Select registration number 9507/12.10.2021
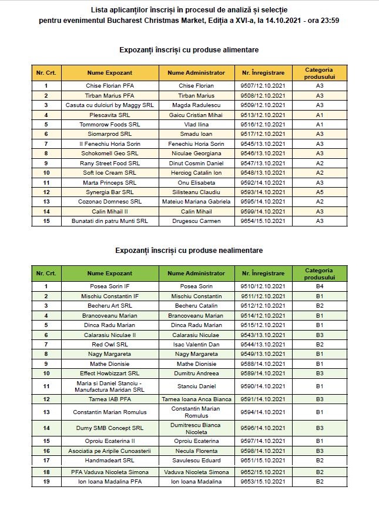tap(263, 86)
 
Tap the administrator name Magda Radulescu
tap(196, 105)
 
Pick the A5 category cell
tap(320, 192)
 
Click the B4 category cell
tap(320, 286)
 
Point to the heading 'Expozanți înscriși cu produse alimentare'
tap(189, 50)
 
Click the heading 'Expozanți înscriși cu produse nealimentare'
tap(189, 251)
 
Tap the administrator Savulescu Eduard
tap(196, 460)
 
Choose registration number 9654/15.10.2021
tap(263, 221)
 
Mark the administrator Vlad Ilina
tap(196, 125)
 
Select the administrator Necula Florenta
tap(196, 451)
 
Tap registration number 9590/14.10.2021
tap(263, 386)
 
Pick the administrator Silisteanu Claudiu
tap(196, 192)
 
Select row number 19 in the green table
tap(46, 482)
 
